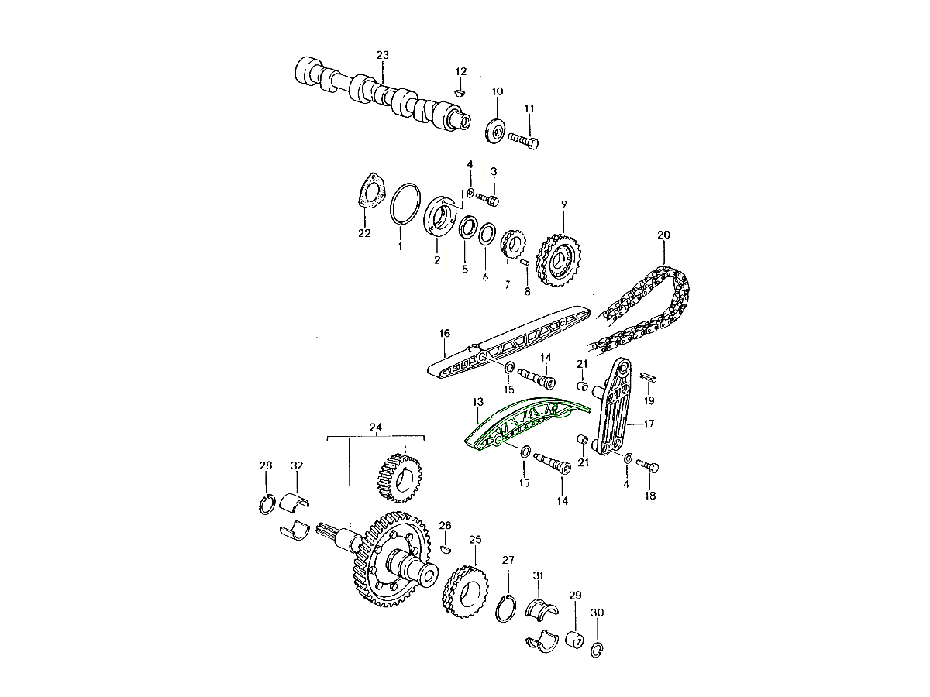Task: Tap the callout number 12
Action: (461, 71)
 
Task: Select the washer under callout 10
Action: (495, 131)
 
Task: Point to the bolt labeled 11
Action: (524, 140)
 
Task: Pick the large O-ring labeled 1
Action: (405, 203)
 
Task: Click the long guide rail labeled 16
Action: (508, 342)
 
